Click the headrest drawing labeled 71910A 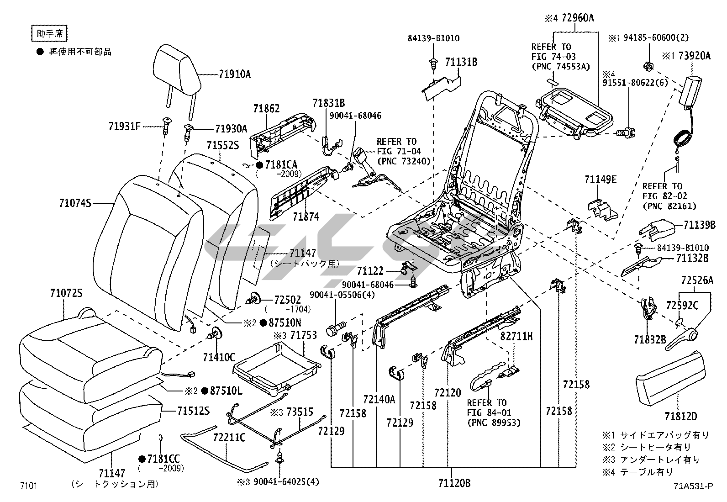177,69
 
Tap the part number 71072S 66,294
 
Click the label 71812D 681,416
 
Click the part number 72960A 578,18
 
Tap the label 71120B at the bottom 454,483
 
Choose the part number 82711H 516,337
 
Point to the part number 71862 266,109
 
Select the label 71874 306,217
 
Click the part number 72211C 229,438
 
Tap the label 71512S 193,411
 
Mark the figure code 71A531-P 692,486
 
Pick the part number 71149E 601,180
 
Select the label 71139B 700,225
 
